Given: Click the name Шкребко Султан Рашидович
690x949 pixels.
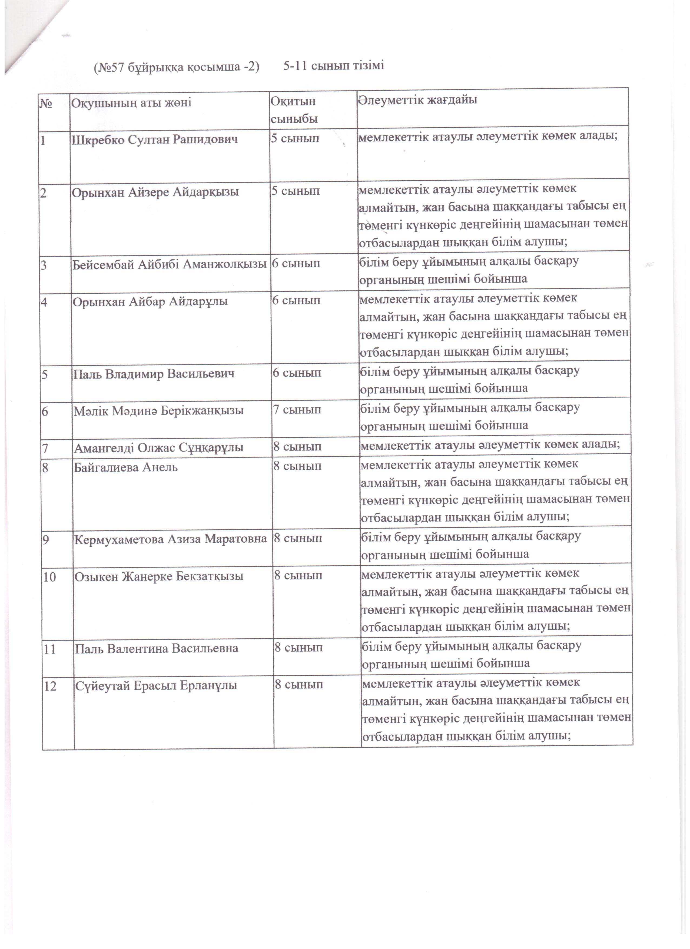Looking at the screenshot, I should (x=155, y=139).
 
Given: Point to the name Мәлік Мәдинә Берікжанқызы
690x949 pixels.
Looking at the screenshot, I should (x=159, y=410).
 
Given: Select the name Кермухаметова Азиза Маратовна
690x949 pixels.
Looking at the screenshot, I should (x=170, y=539).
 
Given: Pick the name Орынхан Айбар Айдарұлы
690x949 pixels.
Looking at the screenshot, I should (x=150, y=301).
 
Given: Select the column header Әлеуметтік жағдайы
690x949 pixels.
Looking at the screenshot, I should (x=418, y=100).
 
